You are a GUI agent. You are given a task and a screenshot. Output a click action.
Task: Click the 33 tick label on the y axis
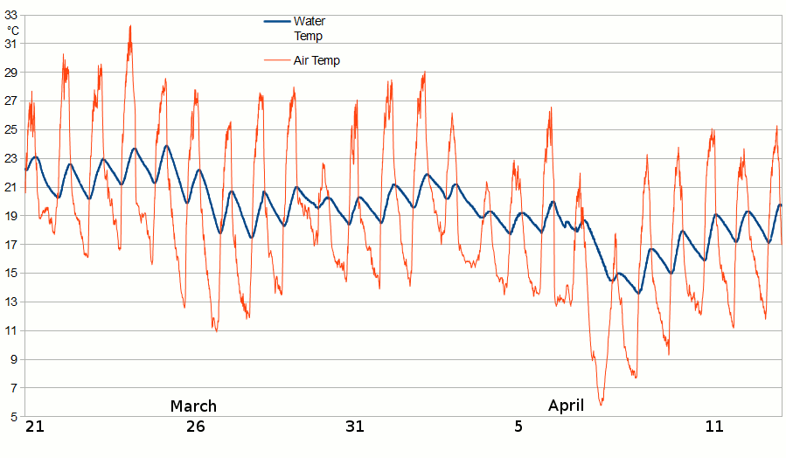12,14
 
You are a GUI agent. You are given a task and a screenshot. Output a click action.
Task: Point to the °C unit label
12,31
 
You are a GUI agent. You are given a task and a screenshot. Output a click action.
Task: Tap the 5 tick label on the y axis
12,417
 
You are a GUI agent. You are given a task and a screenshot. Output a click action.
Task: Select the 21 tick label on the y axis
12,187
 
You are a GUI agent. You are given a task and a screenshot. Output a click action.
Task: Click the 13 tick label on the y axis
12,302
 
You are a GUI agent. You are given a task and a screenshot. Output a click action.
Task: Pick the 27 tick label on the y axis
12,101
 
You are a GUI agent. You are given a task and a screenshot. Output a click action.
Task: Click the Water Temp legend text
310,28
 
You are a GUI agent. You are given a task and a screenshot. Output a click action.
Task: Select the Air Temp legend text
316,60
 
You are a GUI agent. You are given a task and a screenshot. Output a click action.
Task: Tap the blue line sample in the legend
277,22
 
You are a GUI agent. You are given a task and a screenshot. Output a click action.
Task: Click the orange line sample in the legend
277,60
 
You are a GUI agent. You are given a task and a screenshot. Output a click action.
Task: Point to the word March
193,406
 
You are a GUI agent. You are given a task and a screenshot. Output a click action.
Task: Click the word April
566,406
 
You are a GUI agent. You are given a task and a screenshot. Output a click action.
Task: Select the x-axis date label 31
354,427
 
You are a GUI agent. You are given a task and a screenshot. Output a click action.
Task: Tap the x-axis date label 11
714,427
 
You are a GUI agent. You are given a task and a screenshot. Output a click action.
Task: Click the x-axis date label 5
518,427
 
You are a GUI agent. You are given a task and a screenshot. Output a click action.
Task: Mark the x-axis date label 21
34,427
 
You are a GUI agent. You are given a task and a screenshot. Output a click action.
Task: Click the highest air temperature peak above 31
130,26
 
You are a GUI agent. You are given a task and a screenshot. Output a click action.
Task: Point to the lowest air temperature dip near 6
601,404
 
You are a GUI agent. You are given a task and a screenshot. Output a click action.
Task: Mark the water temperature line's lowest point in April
638,293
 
